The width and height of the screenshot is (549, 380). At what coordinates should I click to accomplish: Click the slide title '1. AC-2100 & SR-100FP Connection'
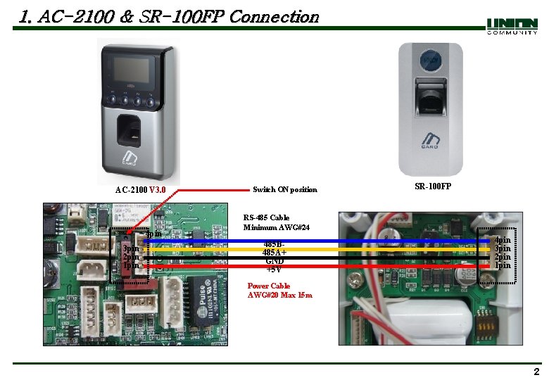click(169, 17)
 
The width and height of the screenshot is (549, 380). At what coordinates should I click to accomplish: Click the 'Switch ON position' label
click(284, 190)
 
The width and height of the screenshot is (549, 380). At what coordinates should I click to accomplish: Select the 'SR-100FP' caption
click(433, 186)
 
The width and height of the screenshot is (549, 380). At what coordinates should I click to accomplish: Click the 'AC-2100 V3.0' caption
click(141, 190)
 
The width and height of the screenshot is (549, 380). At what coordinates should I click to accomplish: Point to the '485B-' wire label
click(274, 244)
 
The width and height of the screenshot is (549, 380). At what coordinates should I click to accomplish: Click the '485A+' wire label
click(274, 252)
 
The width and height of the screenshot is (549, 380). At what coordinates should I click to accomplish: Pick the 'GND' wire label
click(274, 260)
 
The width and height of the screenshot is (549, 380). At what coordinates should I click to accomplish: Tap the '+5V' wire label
click(274, 269)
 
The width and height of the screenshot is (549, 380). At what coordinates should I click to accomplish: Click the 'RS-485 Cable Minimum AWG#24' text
click(277, 222)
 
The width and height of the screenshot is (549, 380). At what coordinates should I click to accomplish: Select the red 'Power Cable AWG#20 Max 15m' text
click(279, 291)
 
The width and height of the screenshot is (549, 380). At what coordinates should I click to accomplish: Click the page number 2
click(536, 372)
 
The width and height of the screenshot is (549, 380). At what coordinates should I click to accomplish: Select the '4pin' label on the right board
click(503, 241)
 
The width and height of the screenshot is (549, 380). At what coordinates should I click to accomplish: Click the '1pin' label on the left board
click(131, 266)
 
